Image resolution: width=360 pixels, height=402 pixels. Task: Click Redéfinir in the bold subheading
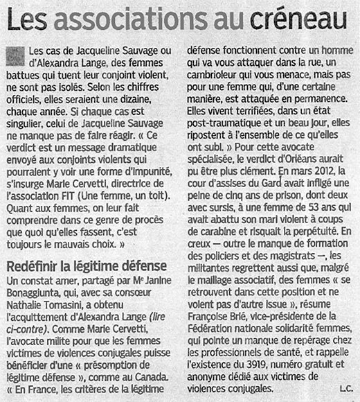34,266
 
